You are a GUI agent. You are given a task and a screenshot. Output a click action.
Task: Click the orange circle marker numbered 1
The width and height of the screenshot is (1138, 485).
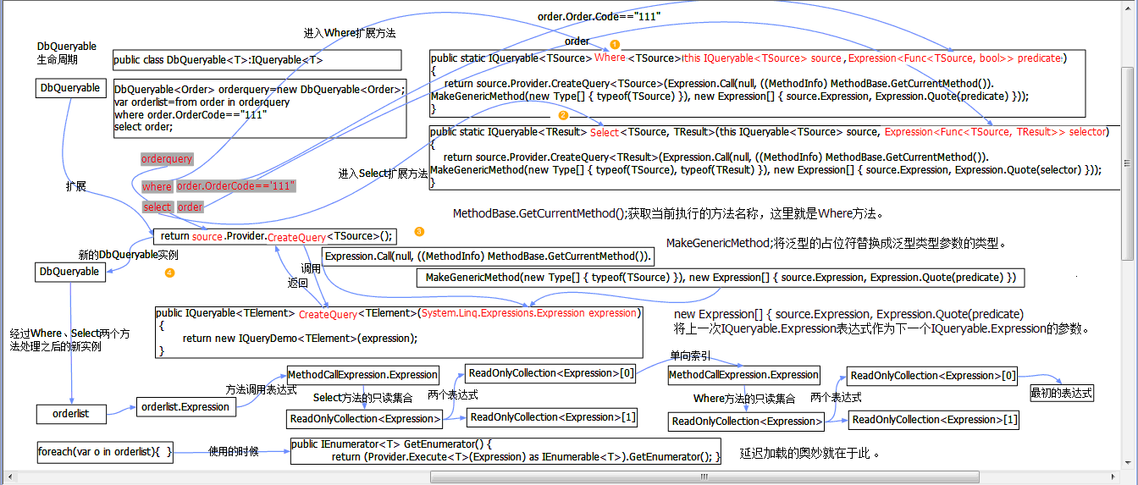coord(616,43)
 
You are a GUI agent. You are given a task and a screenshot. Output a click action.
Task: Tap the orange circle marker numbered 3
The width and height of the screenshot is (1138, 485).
coord(419,231)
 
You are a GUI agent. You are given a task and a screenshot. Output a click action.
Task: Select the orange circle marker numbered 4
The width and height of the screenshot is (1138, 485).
coord(169,273)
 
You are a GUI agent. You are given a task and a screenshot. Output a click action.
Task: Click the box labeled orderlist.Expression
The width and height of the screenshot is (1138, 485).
coord(185,407)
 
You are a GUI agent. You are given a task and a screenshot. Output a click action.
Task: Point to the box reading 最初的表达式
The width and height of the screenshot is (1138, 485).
coord(1061,393)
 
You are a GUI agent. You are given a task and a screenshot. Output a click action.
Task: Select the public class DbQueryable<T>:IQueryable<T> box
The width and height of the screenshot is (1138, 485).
coord(257,60)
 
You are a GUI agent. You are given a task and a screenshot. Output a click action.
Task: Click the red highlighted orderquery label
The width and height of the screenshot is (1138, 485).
coord(167,159)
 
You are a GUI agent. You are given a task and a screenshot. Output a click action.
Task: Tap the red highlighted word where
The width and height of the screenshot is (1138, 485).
coord(157,186)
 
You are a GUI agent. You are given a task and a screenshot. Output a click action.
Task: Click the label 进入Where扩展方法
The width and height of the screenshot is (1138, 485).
coord(350,33)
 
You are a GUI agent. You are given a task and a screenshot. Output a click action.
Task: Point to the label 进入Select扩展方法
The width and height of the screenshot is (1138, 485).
coord(383,174)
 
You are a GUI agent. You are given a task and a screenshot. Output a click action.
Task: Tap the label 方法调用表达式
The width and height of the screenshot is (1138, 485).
coord(261,389)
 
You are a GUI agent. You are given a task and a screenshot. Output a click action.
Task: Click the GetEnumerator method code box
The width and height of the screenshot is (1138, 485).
coord(505,450)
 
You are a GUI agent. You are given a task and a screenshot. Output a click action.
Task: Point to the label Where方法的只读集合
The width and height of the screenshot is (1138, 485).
coord(744,399)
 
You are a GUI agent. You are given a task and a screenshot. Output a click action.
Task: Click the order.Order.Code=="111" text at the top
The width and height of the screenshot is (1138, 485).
coord(599,17)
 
